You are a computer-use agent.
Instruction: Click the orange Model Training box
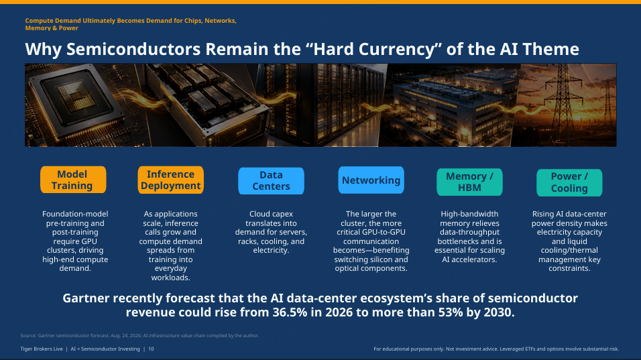click(73, 180)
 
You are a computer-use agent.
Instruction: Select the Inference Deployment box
click(170, 180)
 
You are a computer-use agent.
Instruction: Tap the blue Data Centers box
click(271, 180)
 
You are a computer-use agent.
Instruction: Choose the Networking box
click(371, 180)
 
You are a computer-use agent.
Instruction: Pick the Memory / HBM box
click(469, 182)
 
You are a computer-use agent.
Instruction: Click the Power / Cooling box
click(569, 182)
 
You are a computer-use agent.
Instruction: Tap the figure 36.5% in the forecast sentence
click(290, 312)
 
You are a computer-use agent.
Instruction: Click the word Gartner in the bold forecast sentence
click(86, 298)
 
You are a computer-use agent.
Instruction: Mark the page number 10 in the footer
click(151, 349)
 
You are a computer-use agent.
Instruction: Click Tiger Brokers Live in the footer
click(42, 349)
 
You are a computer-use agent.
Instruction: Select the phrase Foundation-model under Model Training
click(75, 214)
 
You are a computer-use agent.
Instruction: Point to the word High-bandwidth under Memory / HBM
click(469, 214)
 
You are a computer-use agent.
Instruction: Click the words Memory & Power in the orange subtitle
click(52, 28)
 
